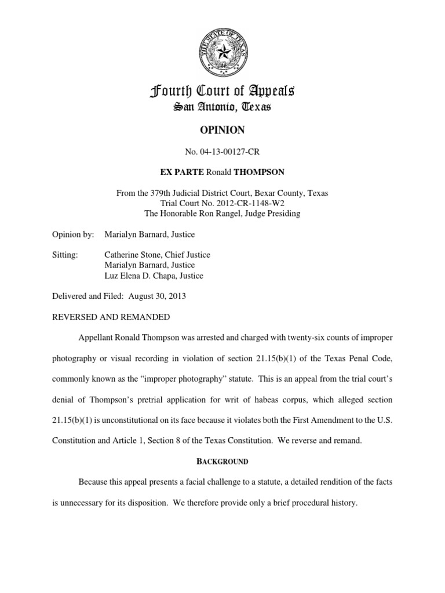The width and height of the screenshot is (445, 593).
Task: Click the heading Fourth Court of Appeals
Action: [222, 91]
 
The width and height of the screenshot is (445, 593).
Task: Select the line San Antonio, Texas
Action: [222, 108]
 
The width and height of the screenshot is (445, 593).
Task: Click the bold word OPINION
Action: [222, 131]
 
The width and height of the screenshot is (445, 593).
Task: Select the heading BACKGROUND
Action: [222, 462]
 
